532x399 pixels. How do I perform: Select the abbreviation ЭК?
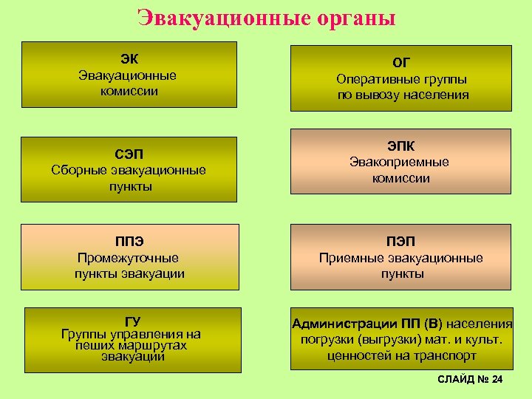point(129,59)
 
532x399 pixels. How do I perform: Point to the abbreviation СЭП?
point(129,154)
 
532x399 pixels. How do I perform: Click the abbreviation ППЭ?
point(129,242)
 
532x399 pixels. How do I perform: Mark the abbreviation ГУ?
point(132,321)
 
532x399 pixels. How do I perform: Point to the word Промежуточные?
point(129,258)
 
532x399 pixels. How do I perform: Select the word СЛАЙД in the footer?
point(455,379)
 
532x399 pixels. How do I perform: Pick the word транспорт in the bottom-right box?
point(442,355)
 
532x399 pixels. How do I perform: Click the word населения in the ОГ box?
point(436,95)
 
